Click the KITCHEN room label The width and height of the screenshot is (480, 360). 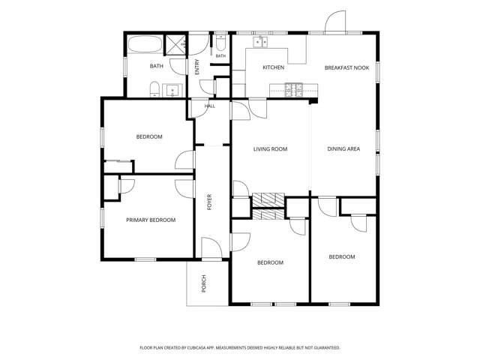(273, 67)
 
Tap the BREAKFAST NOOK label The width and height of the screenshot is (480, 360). (346, 67)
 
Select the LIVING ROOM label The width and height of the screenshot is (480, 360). (270, 149)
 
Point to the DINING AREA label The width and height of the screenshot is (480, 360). (343, 148)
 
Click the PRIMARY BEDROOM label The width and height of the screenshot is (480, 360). (151, 220)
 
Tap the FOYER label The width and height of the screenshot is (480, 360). (210, 202)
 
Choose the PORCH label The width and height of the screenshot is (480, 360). (204, 283)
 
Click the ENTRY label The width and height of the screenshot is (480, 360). (197, 67)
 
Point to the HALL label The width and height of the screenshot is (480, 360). (210, 106)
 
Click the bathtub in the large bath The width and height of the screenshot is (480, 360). (145, 45)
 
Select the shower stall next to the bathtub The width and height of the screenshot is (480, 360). (176, 45)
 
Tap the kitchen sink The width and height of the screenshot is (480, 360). (260, 42)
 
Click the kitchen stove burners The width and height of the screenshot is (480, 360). (294, 90)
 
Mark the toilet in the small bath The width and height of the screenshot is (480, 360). (220, 43)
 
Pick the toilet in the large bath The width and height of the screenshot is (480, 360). (154, 89)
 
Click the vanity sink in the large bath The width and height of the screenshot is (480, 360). (172, 91)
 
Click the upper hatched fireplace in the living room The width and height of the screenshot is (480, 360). (268, 199)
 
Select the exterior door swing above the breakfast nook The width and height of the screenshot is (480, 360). (335, 22)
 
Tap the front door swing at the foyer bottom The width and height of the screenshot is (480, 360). (211, 247)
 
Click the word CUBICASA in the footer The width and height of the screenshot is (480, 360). (201, 348)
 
